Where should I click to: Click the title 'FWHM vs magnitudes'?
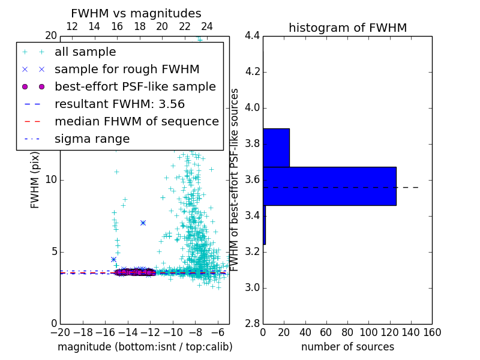click(136, 13)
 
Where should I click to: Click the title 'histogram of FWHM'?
click(347, 28)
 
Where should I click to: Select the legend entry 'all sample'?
click(85, 52)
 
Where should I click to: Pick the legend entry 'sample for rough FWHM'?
click(127, 69)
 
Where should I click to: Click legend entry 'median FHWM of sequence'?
click(136, 121)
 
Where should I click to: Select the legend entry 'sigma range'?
click(92, 139)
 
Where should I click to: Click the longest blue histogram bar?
click(329, 186)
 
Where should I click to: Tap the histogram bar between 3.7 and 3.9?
click(276, 148)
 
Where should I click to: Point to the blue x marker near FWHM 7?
click(143, 223)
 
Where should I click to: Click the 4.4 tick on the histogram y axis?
click(252, 36)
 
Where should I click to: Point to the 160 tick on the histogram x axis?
click(432, 332)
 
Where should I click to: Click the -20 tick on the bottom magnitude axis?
click(60, 332)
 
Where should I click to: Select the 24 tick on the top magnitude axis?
click(207, 26)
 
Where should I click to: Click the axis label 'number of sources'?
click(347, 347)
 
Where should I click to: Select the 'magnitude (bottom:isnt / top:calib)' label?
click(145, 347)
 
